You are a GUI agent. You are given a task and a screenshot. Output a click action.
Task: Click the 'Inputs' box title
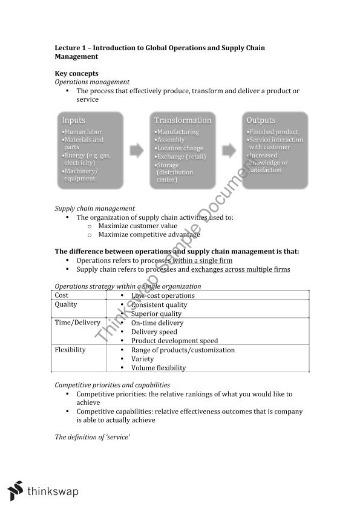coord(73,120)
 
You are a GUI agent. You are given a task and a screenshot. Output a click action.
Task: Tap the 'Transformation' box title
coord(183,120)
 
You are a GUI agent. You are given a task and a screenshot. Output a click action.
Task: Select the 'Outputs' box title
coord(261,120)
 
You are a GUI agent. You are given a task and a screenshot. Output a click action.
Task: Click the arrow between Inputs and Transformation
coord(138,149)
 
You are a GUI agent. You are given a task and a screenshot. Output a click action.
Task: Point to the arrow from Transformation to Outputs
coord(229,149)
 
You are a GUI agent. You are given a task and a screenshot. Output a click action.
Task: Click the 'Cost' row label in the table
coord(62,295)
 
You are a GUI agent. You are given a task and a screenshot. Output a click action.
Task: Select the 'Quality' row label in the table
coord(66,304)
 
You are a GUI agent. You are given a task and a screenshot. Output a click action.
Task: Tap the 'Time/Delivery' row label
coord(77,323)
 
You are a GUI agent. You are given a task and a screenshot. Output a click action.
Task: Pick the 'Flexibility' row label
coord(70,350)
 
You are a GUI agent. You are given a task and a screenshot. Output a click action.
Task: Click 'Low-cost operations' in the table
coord(163,295)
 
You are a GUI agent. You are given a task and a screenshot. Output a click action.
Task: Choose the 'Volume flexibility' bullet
coord(158,367)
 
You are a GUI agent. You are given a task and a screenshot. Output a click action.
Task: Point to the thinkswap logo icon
coord(16,490)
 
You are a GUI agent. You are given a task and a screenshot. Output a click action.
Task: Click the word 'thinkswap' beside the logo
coord(53,491)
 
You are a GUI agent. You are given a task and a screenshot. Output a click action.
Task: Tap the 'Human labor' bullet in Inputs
coord(83,132)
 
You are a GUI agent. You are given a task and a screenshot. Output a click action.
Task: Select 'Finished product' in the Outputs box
coord(273,132)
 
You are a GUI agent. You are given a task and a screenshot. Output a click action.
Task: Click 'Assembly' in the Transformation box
coord(171,140)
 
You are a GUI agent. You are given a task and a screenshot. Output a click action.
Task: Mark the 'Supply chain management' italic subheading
coord(94,208)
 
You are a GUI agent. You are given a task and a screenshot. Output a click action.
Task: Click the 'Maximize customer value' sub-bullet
coord(137,226)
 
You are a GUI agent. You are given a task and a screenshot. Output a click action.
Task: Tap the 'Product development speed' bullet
coord(174,341)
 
